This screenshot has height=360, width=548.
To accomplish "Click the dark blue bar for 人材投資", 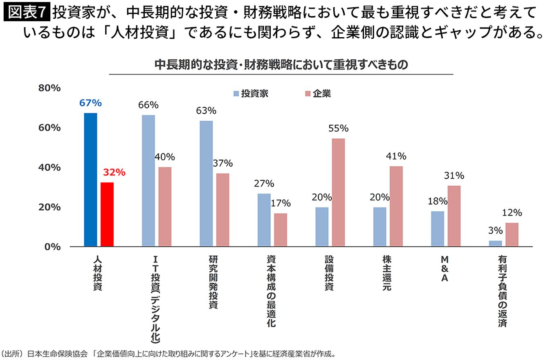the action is click(x=90, y=180).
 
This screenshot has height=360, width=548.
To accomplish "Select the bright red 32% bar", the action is click(x=107, y=214).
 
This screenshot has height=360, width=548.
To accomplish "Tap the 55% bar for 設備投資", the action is click(x=338, y=192).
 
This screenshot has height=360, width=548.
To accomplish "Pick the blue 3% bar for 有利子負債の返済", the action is click(x=495, y=243).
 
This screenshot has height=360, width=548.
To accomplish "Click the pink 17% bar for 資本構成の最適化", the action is click(x=281, y=230).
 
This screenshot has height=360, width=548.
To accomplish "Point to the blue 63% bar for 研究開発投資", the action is click(x=206, y=184).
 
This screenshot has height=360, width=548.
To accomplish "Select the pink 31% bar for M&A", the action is click(x=454, y=216).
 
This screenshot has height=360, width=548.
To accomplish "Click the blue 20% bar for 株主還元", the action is click(x=380, y=227).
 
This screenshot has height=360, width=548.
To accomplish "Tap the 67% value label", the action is click(x=90, y=103).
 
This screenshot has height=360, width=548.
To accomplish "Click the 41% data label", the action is click(x=396, y=156).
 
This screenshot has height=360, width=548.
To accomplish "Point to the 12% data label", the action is click(x=512, y=213).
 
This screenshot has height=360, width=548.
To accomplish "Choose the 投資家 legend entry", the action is click(x=251, y=94).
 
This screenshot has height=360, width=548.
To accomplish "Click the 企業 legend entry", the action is click(x=318, y=94).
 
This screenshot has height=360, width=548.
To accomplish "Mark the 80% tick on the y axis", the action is click(x=49, y=88).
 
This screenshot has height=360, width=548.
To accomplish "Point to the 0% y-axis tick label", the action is click(x=52, y=247).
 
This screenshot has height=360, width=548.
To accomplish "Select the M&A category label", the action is click(x=445, y=269).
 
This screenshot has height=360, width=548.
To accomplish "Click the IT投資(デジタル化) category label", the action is click(x=155, y=299).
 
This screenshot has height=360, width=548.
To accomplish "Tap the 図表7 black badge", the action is click(x=27, y=11).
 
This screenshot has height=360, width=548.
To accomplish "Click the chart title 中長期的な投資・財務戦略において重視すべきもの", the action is click(x=281, y=65).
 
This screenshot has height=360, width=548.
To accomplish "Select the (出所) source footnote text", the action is click(x=168, y=354).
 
